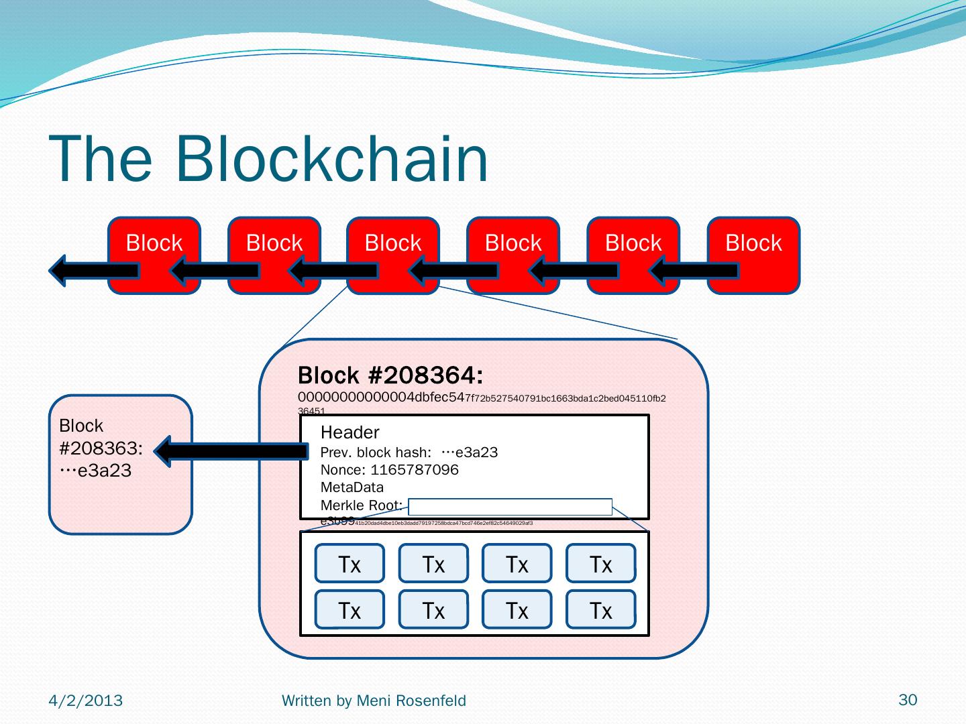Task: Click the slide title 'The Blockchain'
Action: [x=268, y=160]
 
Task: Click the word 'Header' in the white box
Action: [x=350, y=432]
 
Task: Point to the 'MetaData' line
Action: [x=352, y=487]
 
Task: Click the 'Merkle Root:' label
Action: [x=361, y=505]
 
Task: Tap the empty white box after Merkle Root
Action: [x=510, y=507]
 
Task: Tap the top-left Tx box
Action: [x=350, y=564]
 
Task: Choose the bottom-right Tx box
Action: [x=600, y=609]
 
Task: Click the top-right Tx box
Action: [x=600, y=564]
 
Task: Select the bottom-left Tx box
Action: [x=350, y=609]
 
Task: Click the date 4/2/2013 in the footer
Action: [x=86, y=701]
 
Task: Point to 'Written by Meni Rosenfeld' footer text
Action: [x=374, y=701]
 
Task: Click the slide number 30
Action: [x=907, y=700]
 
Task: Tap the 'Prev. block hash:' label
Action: [x=376, y=452]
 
